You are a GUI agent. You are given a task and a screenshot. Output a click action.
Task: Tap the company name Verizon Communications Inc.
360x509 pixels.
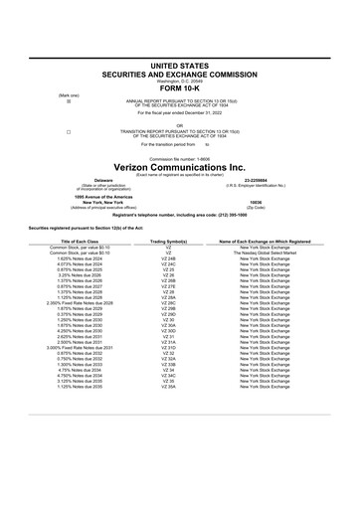point(179,167)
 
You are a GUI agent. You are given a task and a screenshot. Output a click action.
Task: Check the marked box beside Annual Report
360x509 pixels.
point(68,101)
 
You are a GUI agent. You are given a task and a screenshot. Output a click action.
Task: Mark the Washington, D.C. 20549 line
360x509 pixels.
point(179,78)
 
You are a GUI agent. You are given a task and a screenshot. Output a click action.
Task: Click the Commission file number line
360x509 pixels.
point(179,158)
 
